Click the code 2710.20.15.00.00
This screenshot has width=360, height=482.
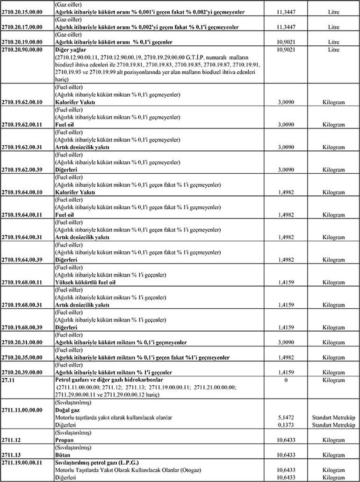click(22, 12)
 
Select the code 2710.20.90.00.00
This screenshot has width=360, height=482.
click(22, 49)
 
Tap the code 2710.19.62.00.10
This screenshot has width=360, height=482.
click(22, 102)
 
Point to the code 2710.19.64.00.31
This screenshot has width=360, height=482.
click(22, 237)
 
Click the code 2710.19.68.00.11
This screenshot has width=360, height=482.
click(22, 283)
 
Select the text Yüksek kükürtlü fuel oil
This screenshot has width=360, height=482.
click(85, 283)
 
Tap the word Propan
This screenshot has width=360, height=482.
click(65, 440)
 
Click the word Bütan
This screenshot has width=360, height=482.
click(63, 455)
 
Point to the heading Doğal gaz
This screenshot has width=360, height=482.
click(68, 410)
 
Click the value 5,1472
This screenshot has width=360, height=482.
click(286, 417)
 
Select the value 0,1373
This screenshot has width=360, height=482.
click(286, 425)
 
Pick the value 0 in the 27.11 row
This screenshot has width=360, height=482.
click(286, 380)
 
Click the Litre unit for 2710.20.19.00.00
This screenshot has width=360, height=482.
click(333, 42)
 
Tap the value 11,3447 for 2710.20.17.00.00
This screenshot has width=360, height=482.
click(286, 27)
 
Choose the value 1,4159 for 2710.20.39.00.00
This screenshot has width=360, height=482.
click(286, 372)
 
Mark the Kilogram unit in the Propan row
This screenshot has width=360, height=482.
click(333, 440)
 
